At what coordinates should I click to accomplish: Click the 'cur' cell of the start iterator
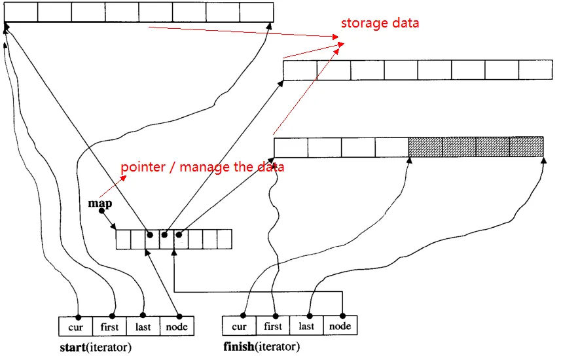(75, 326)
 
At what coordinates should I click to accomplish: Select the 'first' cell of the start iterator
(110, 326)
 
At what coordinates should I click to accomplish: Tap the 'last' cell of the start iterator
(143, 326)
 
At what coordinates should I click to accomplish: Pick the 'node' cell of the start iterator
(177, 326)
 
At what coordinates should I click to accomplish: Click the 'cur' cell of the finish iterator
(240, 326)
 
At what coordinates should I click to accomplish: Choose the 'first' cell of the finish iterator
(273, 326)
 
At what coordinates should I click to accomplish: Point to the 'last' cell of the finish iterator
(307, 326)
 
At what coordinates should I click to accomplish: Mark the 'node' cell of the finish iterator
(340, 326)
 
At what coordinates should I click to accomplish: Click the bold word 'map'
(100, 204)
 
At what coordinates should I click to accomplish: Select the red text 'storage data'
(380, 23)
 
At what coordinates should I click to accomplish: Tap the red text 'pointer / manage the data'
(202, 167)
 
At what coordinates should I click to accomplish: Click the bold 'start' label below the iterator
(71, 347)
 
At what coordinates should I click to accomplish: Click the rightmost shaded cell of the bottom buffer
(526, 147)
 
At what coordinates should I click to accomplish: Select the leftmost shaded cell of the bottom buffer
(425, 147)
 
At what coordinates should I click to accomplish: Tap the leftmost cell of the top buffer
(21, 12)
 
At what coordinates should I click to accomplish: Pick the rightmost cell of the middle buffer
(535, 70)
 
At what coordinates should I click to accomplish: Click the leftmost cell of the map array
(123, 239)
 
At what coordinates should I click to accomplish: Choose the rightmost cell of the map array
(225, 239)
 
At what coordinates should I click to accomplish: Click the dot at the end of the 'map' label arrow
(101, 211)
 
